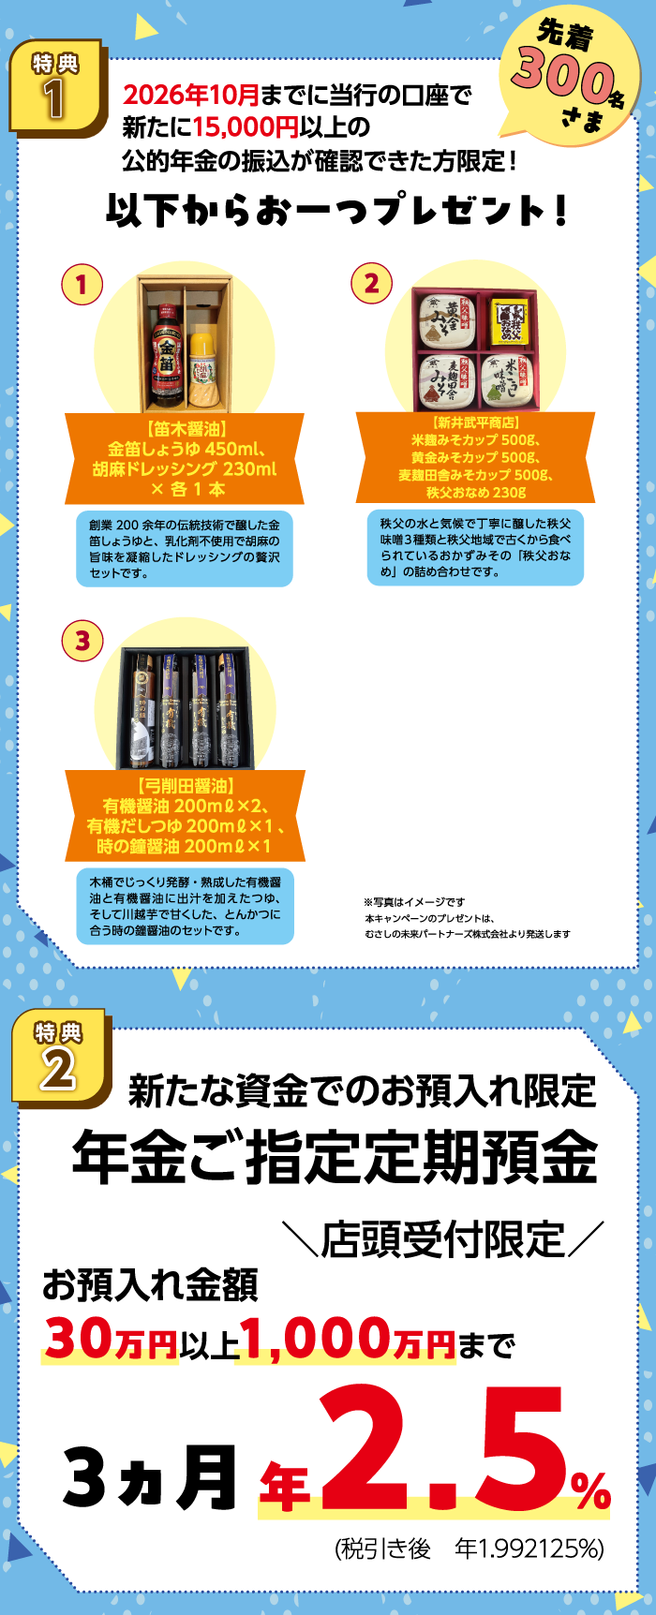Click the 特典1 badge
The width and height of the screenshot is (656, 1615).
pos(56,87)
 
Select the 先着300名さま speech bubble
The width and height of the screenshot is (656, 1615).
pos(568,74)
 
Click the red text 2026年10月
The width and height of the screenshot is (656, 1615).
pos(191,95)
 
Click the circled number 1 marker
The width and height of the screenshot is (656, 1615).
pos(82,284)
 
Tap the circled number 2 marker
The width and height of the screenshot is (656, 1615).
pos(371,283)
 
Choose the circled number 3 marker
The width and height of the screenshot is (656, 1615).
pos(82,641)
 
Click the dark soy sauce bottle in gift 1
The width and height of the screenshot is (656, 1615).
pos(167,354)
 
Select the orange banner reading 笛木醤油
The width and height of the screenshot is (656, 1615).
pos(185,459)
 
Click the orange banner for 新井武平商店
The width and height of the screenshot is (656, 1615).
pos(476,458)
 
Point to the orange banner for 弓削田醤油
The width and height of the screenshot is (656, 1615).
pos(186,816)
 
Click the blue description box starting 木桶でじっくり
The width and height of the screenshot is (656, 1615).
pos(186,906)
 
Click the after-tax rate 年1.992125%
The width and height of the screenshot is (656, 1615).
pos(529,1548)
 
